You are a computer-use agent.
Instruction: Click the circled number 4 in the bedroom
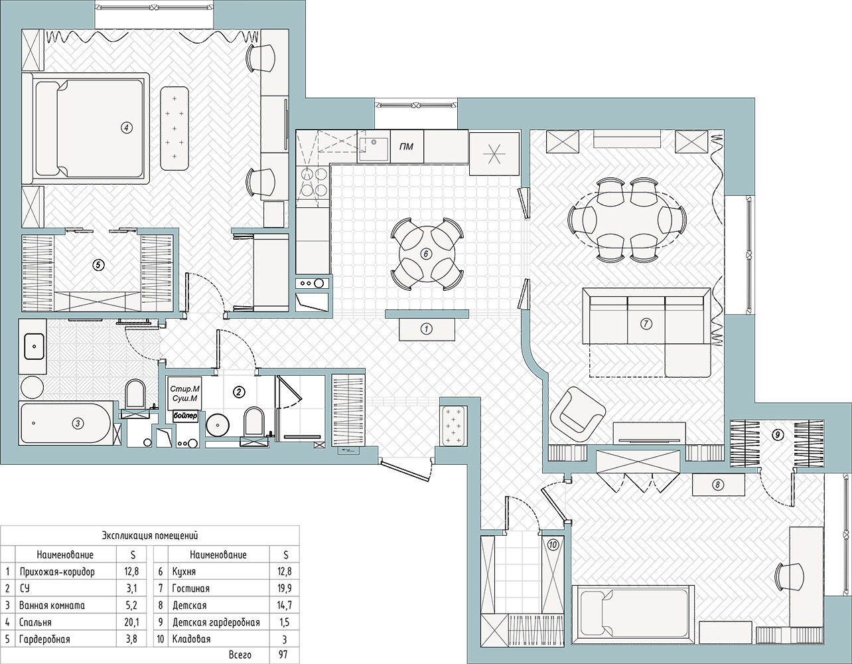[x=126, y=127]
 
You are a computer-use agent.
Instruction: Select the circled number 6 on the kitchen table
[x=426, y=254]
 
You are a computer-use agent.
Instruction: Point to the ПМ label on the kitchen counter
[x=406, y=147]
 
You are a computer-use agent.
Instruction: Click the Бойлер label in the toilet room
[x=185, y=416]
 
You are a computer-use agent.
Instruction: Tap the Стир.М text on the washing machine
[x=184, y=389]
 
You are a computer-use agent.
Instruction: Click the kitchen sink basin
[x=374, y=149]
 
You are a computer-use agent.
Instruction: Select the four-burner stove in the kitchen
[x=314, y=181]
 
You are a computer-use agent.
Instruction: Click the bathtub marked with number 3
[x=66, y=424]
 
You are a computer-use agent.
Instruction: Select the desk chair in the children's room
[x=789, y=576]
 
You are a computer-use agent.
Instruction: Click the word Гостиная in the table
[x=190, y=588]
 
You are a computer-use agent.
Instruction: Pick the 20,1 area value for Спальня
[x=131, y=622]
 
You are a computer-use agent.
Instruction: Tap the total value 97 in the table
[x=284, y=655]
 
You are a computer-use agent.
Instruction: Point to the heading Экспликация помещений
[x=150, y=535]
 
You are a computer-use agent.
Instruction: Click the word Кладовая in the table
[x=191, y=639]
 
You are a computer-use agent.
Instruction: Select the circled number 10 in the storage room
[x=553, y=544]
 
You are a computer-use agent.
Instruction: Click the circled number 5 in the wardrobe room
[x=99, y=265]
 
